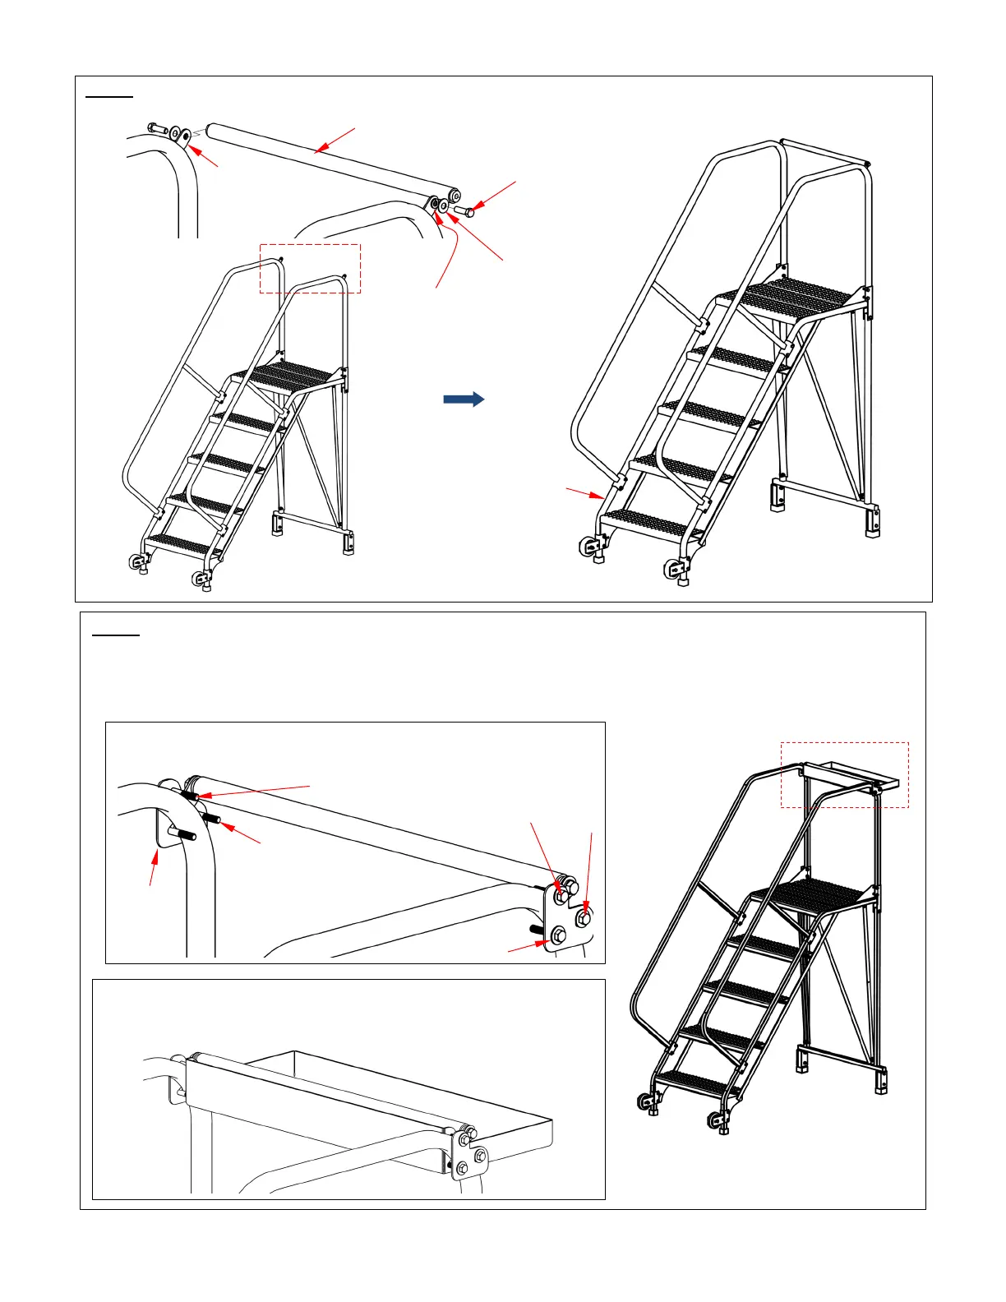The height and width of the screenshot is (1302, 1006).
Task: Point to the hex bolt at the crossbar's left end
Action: pyautogui.click(x=157, y=128)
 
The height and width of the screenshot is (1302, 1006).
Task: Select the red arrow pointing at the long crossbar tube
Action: pyautogui.click(x=335, y=140)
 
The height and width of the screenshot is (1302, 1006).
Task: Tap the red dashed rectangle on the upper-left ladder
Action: pyautogui.click(x=310, y=269)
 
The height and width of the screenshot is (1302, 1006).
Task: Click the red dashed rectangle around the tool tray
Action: pyautogui.click(x=844, y=775)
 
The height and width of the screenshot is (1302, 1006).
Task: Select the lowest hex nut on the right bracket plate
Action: pyautogui.click(x=559, y=934)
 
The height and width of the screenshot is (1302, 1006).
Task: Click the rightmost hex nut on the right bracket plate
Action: pyautogui.click(x=584, y=916)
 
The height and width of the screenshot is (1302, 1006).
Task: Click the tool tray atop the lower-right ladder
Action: pyautogui.click(x=845, y=775)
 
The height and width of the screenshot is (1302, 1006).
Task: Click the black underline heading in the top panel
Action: pyautogui.click(x=109, y=97)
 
